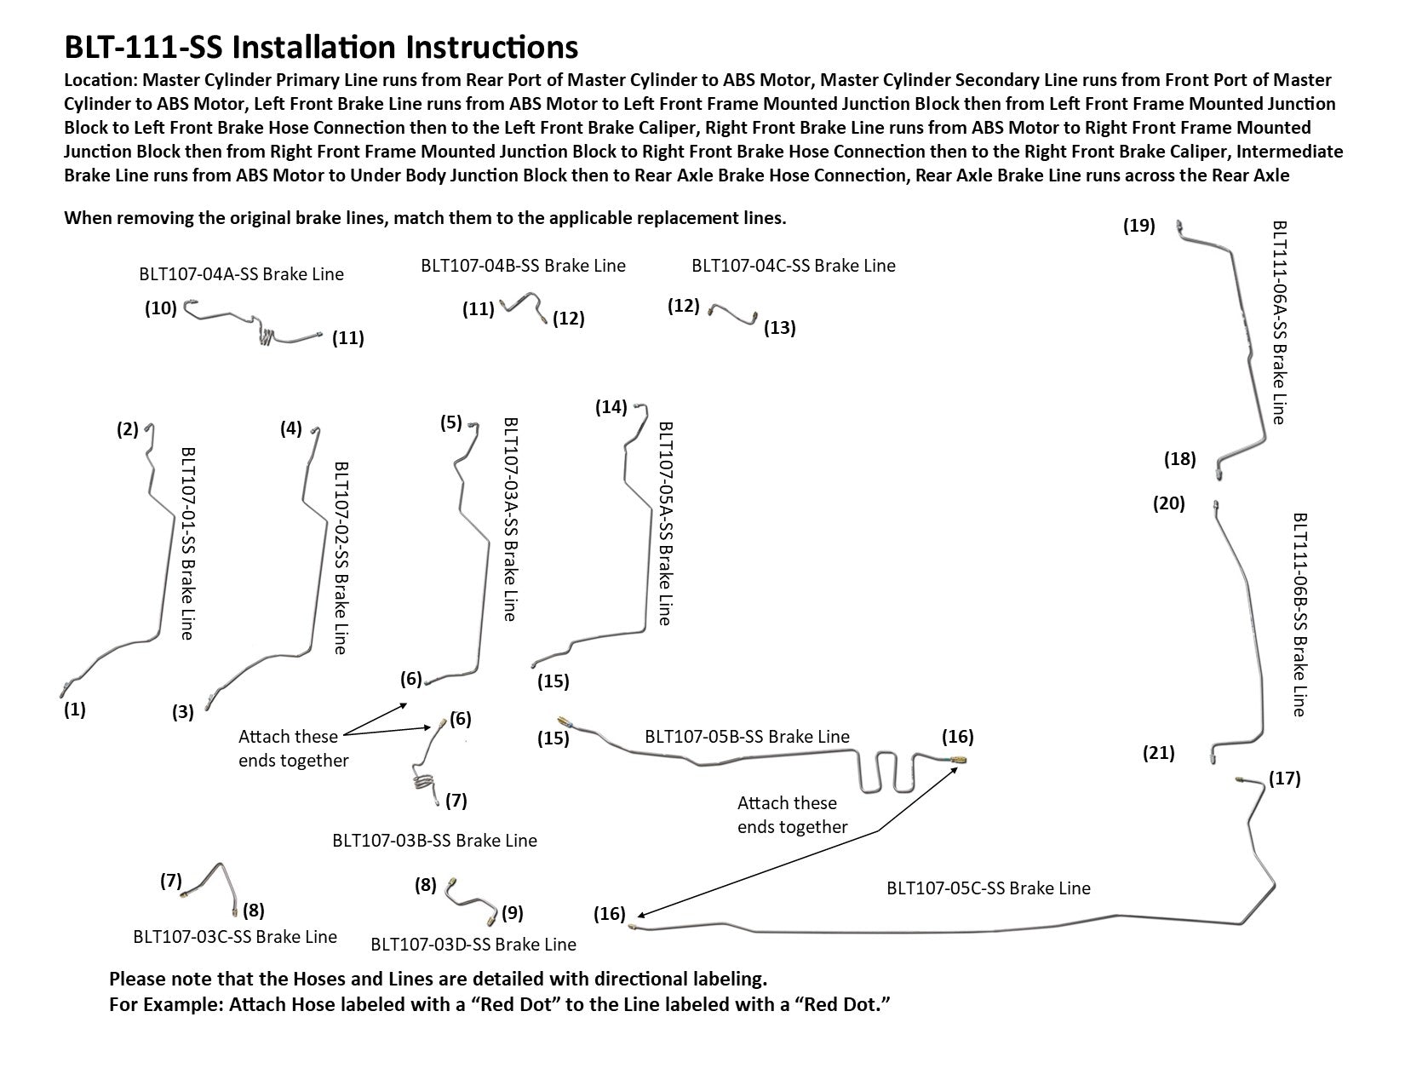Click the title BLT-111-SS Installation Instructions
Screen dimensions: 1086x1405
pos(321,47)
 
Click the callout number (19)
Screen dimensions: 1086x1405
pos(1138,226)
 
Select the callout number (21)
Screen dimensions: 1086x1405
pos(1157,753)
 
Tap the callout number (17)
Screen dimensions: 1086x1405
pos(1284,779)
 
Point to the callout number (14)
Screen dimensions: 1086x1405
pos(611,406)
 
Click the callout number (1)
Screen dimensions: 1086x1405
pos(75,709)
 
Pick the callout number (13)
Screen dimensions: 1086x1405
pos(779,328)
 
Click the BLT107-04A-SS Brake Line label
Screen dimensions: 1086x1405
pos(241,274)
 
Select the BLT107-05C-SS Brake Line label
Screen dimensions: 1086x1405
pos(988,888)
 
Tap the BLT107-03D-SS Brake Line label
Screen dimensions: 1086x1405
pos(473,944)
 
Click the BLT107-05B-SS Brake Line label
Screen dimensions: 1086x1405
pos(747,736)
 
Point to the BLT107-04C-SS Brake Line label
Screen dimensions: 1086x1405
pos(793,265)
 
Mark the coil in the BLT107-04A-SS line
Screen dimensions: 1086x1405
pos(268,336)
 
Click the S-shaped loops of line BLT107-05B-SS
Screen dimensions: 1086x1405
pos(887,771)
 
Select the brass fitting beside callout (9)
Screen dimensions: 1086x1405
pos(491,920)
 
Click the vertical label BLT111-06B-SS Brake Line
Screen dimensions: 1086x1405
pos(1299,613)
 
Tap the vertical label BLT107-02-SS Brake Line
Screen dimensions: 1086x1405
pos(340,558)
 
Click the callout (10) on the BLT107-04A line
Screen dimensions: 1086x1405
pos(160,308)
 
